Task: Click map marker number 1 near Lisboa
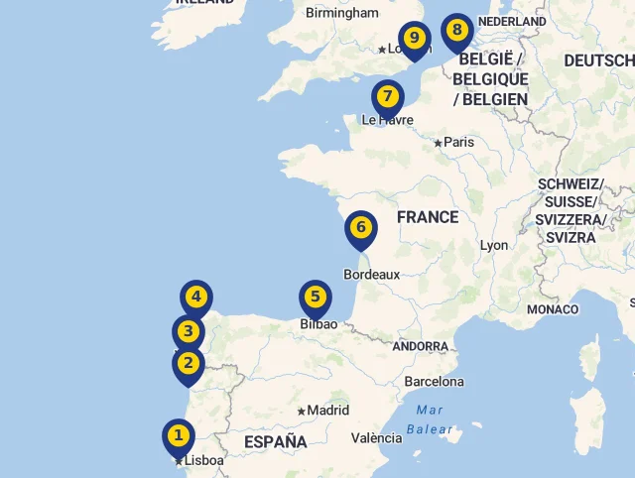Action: (x=179, y=435)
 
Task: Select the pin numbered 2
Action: (x=188, y=364)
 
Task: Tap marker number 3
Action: (x=188, y=332)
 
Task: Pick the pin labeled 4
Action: (x=196, y=297)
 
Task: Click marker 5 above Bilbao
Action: (x=316, y=297)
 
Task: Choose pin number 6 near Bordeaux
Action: (x=361, y=228)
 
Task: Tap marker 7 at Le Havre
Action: (x=387, y=97)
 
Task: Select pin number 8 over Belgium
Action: (x=456, y=30)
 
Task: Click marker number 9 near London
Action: (x=415, y=39)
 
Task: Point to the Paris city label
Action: (x=458, y=143)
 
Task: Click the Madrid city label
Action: (x=327, y=411)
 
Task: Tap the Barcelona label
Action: (x=434, y=382)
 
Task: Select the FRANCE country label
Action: (x=427, y=217)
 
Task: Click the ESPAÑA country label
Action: (x=275, y=442)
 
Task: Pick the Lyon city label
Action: (x=493, y=246)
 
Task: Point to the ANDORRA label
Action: (x=420, y=347)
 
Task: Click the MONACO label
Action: (x=552, y=309)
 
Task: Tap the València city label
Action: (x=376, y=438)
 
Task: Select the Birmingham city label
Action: (x=342, y=14)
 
